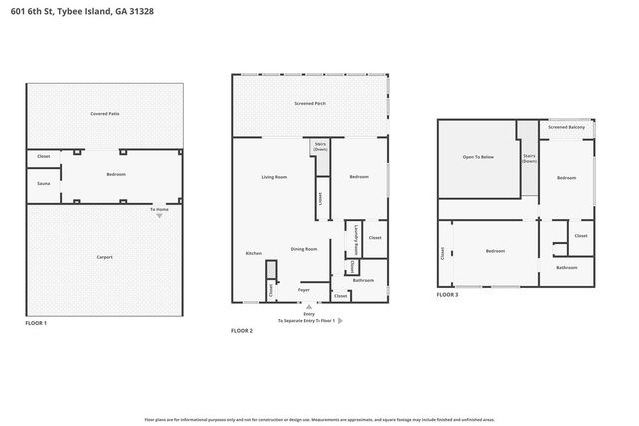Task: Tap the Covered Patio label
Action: coord(104,114)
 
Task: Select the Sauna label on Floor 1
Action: coord(43,184)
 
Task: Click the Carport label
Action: coord(104,257)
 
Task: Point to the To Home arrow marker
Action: coord(159,216)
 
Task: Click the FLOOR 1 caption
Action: coord(36,323)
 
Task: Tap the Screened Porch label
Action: coord(310,104)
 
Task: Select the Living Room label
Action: coord(274,178)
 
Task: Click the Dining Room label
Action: coord(304,249)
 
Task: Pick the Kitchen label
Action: coord(253,254)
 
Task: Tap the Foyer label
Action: coord(303,290)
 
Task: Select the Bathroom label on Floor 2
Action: coord(363,280)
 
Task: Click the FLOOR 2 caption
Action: coord(242,330)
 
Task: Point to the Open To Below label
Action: coord(477,158)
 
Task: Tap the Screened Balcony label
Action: coord(567,128)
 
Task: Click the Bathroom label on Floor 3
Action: coord(567,268)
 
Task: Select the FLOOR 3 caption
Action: coord(447,295)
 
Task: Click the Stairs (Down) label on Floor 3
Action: coord(530,158)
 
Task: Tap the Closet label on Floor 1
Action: coord(43,157)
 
